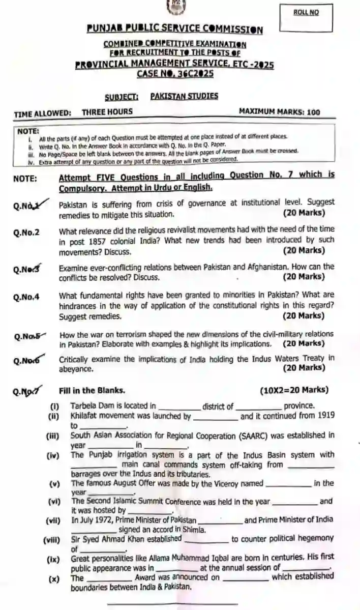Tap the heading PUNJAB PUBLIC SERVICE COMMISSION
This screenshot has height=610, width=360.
point(174,30)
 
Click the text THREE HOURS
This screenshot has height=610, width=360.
point(107,111)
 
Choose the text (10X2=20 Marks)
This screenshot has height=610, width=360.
point(294,390)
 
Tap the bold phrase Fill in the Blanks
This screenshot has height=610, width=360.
point(92,390)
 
